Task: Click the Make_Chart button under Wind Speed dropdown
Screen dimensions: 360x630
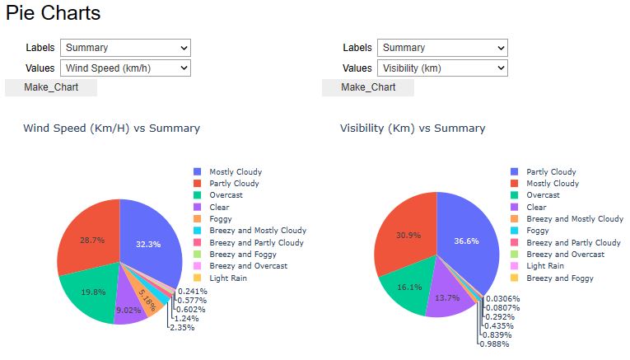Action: click(x=51, y=87)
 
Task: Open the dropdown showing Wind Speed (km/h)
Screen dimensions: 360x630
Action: click(x=127, y=68)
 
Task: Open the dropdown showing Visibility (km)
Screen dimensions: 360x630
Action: click(x=443, y=68)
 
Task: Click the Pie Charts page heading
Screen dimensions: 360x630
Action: click(x=53, y=13)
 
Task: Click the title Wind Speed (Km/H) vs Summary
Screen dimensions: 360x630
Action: click(x=111, y=129)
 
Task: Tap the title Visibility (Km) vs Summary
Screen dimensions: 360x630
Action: click(x=413, y=129)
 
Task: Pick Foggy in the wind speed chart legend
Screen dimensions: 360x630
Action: click(x=220, y=219)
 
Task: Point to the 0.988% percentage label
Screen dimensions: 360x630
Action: click(x=497, y=344)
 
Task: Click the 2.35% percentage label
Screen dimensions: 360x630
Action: click(x=181, y=328)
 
